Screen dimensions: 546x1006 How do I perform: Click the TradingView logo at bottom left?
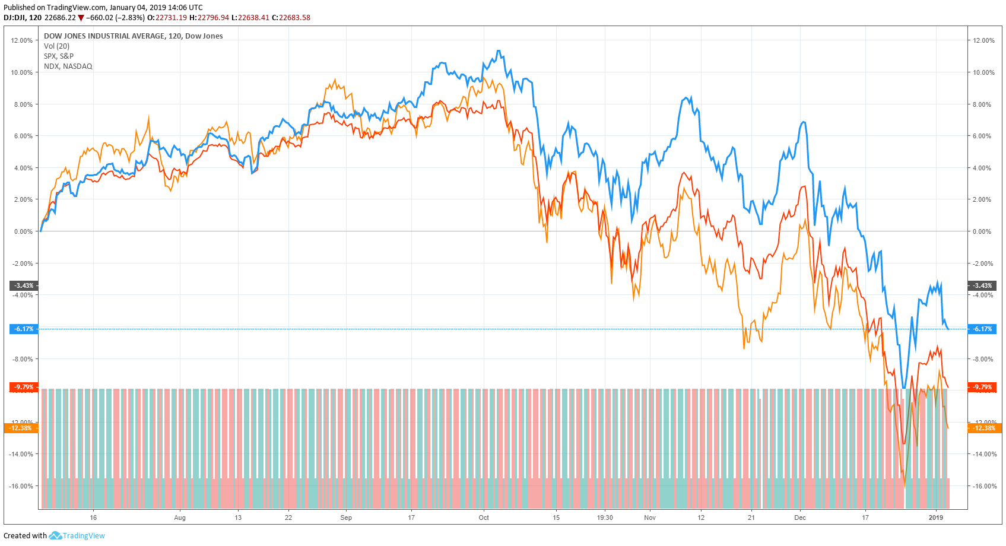(77, 535)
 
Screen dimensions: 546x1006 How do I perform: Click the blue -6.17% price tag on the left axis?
(24, 329)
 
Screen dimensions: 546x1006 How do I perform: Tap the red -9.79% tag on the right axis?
(982, 387)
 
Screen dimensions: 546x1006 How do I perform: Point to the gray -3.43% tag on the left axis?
(24, 285)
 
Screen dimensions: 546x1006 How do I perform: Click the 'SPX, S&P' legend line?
(59, 56)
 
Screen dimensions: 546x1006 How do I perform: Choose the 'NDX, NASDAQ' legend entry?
(68, 66)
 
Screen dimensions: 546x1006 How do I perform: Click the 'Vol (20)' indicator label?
(56, 46)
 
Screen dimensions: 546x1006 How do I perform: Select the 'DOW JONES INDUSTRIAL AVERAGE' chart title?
(104, 36)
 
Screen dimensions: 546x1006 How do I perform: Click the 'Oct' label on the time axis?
(484, 518)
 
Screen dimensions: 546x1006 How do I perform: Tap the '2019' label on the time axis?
(935, 518)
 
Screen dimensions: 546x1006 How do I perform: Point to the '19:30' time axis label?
(605, 518)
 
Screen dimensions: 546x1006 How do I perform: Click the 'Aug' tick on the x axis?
(180, 518)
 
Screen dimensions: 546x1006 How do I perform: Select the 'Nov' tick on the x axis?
(650, 518)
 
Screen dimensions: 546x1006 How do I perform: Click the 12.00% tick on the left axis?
(22, 40)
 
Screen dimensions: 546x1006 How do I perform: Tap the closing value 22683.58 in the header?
(295, 18)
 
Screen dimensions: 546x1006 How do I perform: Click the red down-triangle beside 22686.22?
(81, 18)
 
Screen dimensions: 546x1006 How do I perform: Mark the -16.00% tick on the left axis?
(21, 486)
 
